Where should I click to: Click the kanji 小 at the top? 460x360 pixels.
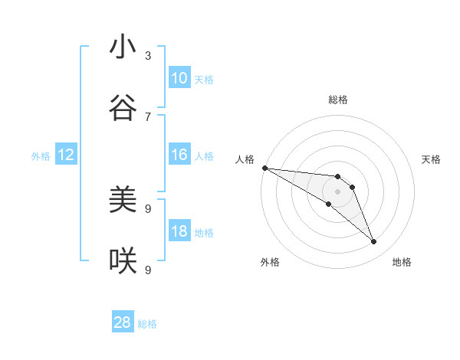coord(123,47)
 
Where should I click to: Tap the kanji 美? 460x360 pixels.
coord(123,200)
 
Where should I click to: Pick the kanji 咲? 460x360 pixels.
coord(123,261)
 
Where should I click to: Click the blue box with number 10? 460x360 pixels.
coord(179,78)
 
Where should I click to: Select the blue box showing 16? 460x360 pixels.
coord(179,155)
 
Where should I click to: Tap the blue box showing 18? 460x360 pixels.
coord(179,231)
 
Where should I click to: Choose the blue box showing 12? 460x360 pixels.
coord(66,155)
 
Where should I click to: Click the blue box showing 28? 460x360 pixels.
coord(123,322)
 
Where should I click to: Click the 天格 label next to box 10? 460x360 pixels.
coord(204,79)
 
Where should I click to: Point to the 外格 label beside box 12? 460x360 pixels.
coord(41,155)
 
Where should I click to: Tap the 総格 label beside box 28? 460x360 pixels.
coord(147,323)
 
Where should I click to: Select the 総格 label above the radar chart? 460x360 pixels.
coord(338,100)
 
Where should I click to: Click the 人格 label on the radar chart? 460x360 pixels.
coord(245,159)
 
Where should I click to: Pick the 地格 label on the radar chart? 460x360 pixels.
coord(402,262)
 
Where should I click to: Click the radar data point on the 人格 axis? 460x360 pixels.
coord(264,167)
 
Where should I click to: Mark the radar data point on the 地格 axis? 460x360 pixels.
coord(374,242)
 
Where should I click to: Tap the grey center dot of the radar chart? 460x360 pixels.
coord(337,191)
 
